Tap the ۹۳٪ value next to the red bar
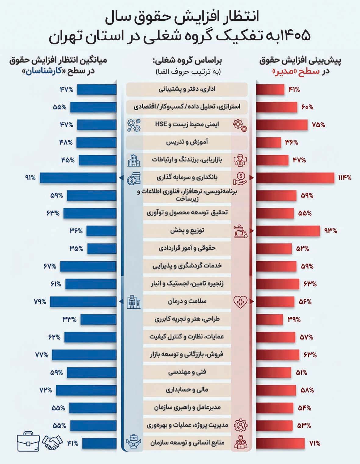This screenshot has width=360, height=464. (331, 231)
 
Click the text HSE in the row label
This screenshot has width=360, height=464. (161, 124)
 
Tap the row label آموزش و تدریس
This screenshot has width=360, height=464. (187, 142)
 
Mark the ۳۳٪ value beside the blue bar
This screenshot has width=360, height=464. (69, 319)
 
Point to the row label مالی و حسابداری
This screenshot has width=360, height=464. (187, 390)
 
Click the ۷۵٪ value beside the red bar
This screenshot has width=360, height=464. (318, 125)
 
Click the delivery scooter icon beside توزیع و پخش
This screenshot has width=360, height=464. (240, 231)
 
